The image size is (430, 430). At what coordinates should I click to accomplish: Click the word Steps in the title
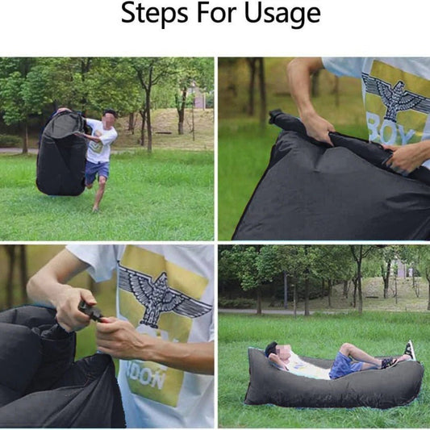[x=150, y=13]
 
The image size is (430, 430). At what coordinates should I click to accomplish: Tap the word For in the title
[x=213, y=13]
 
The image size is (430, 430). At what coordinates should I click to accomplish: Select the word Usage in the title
[x=281, y=15]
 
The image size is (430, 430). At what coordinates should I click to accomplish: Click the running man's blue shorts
[x=97, y=170]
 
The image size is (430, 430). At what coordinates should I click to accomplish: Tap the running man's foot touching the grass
[x=95, y=209]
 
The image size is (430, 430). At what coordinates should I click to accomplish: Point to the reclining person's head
[x=272, y=352]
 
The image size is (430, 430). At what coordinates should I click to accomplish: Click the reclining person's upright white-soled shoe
[x=410, y=350]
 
